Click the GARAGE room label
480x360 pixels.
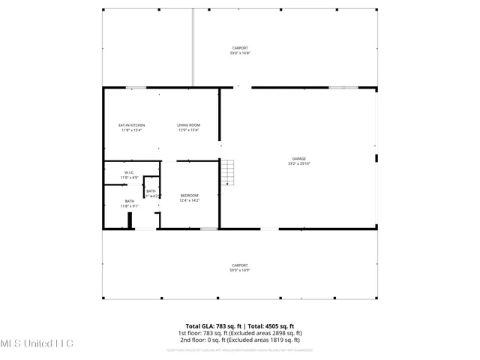(298, 158)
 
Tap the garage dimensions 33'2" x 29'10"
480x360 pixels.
(298, 163)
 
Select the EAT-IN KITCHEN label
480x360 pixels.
(131, 124)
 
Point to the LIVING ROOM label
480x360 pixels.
(188, 124)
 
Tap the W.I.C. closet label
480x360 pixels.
(129, 172)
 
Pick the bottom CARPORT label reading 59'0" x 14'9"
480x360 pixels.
(239, 267)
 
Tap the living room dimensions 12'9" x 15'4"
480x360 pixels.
(188, 130)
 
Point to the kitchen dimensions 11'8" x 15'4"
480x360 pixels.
(131, 130)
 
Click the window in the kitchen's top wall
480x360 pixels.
(136, 88)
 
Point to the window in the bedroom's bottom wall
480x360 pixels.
(208, 229)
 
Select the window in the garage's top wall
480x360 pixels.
(343, 88)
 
